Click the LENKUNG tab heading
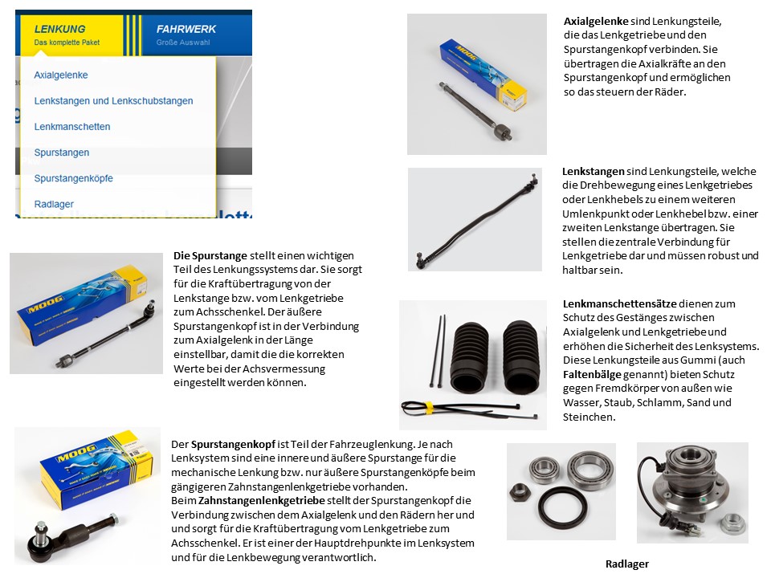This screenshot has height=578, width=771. coord(59,29)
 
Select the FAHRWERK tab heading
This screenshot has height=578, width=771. coord(186,29)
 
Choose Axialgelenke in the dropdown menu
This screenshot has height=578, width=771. coord(61,75)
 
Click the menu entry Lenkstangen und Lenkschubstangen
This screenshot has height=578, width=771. coord(113,101)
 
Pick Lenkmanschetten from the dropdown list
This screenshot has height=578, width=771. coord(72,127)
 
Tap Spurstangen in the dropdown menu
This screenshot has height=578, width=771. coord(62,153)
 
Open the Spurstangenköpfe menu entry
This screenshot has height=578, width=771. coord(73,178)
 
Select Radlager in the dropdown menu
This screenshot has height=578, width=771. coord(54,204)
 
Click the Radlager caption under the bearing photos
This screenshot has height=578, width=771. coord(626,564)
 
